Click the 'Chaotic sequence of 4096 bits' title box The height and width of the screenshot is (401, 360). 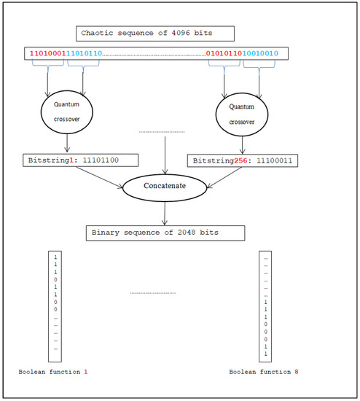(x=154, y=34)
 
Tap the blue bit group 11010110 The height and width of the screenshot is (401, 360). (x=85, y=53)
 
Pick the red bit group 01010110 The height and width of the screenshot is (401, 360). (x=224, y=53)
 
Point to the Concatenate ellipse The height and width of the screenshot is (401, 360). (x=165, y=186)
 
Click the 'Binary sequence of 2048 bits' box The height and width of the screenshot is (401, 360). (x=164, y=233)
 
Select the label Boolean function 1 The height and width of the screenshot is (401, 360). (x=52, y=373)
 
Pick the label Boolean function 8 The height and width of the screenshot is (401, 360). (x=264, y=373)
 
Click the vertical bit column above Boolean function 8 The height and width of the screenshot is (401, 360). (x=265, y=306)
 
